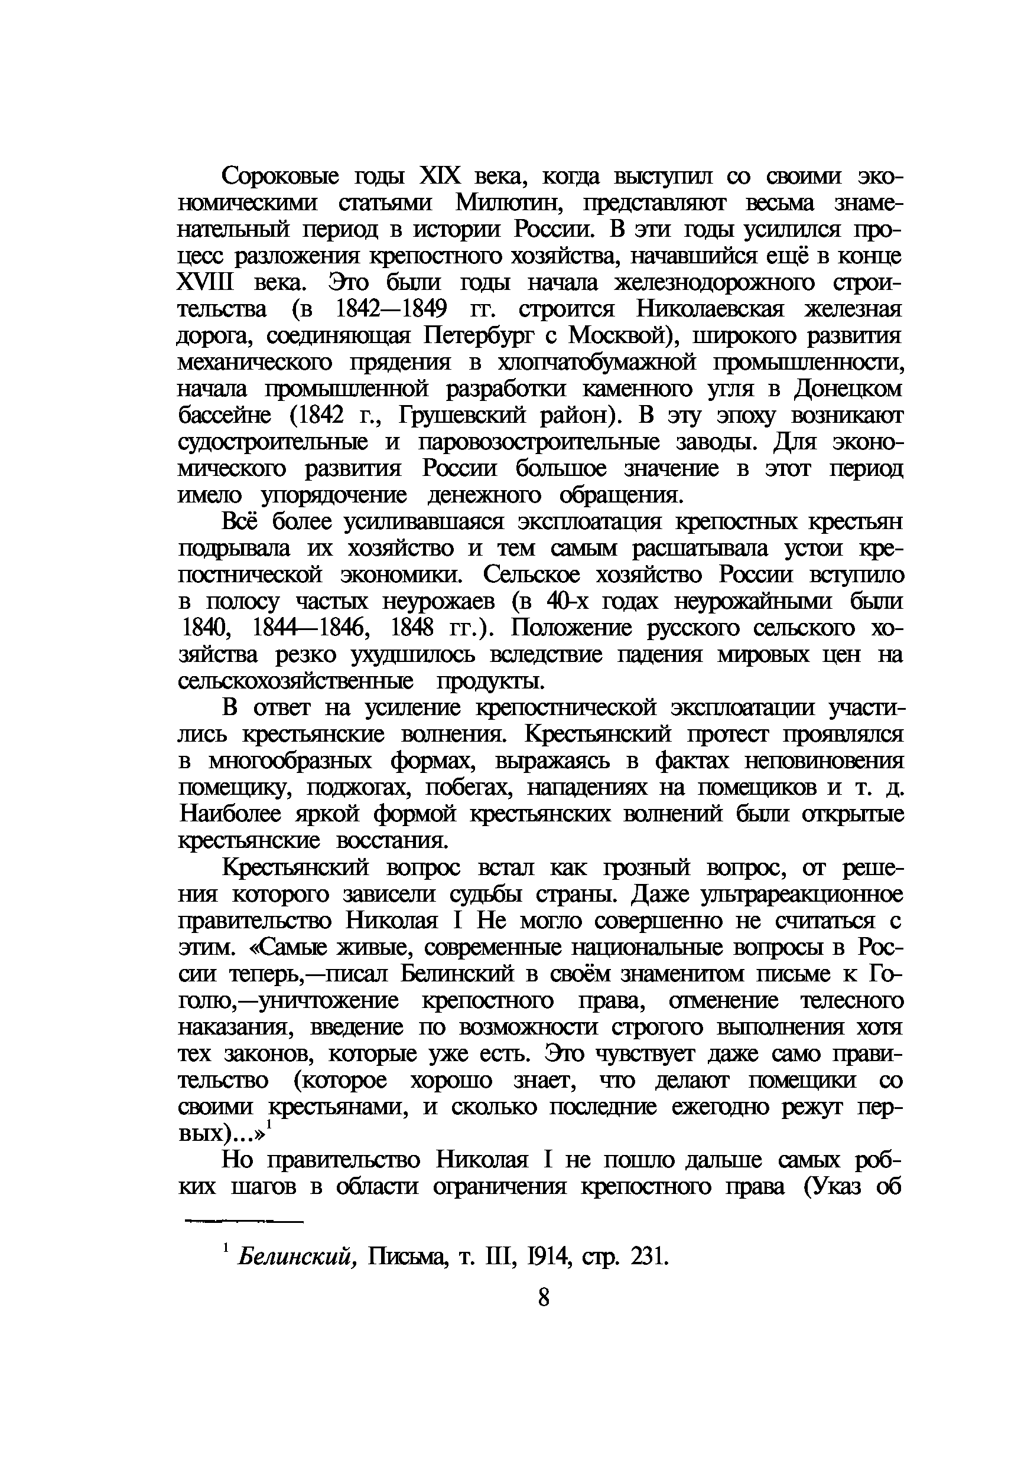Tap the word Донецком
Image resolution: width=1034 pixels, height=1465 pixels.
click(x=848, y=389)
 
